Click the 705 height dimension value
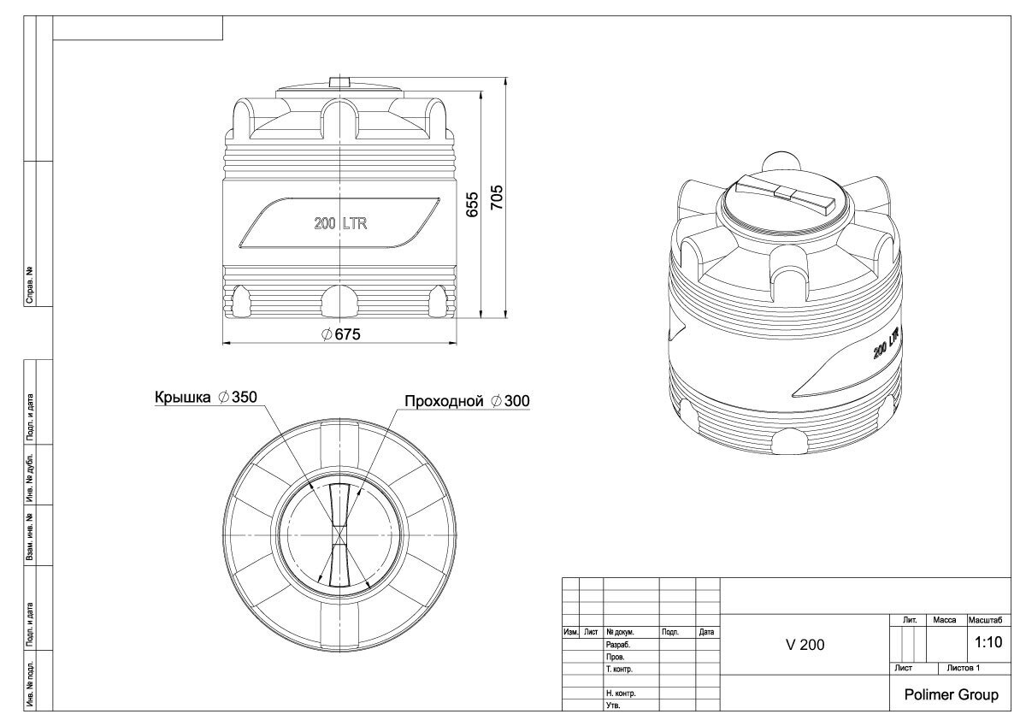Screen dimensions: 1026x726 [x=497, y=198]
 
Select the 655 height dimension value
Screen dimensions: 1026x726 [x=472, y=204]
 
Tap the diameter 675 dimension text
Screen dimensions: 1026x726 [x=341, y=334]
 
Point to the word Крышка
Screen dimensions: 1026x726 [x=182, y=397]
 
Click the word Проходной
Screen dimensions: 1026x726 [x=444, y=401]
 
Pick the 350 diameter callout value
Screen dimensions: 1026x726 [x=245, y=397]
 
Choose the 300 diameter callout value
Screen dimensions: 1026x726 [x=516, y=401]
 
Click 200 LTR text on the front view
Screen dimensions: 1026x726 [x=340, y=223]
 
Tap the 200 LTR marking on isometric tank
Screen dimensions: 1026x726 [x=887, y=343]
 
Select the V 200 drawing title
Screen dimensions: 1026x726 [x=805, y=645]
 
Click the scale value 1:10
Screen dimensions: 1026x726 [x=988, y=642]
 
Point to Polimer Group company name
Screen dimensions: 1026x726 [x=951, y=695]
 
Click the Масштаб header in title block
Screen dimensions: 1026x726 [x=985, y=620]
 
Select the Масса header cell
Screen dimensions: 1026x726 [x=945, y=620]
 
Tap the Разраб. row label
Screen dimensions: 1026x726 [x=618, y=645]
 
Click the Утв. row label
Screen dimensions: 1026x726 [x=613, y=705]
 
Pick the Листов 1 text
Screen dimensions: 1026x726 [x=963, y=669]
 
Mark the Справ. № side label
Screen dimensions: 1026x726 [x=30, y=285]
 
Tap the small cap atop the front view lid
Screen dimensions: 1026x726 [x=340, y=94]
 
